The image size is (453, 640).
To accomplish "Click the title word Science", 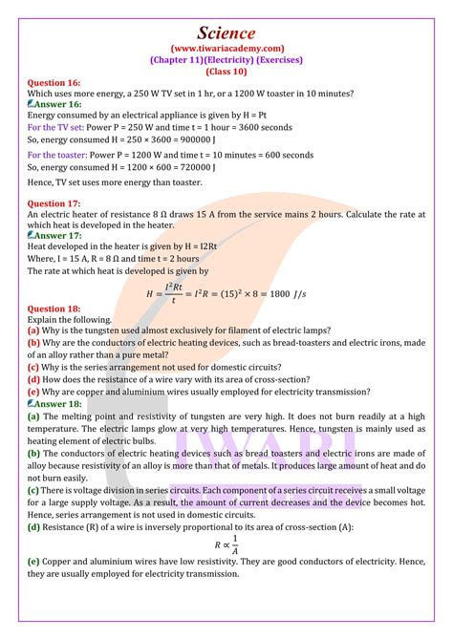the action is click(226, 30).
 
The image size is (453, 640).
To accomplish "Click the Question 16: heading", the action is click(54, 83).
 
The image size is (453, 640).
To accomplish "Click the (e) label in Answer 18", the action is click(33, 562).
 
